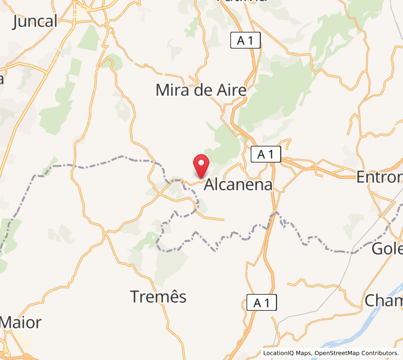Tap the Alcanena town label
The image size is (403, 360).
[x=238, y=185]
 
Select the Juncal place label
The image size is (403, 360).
[x=35, y=22]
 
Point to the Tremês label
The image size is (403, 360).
[x=158, y=296]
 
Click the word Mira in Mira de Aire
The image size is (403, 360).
[x=173, y=91]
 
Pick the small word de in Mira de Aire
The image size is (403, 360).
[x=204, y=91]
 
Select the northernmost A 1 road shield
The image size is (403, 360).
[x=246, y=41]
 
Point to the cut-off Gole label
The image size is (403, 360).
[x=387, y=248]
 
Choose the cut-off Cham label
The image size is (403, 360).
[x=384, y=300]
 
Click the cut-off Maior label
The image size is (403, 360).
[x=20, y=322]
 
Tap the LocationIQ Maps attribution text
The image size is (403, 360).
[x=286, y=353]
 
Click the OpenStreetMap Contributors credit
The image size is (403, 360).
[x=356, y=353]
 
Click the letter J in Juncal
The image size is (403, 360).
[x=16, y=22]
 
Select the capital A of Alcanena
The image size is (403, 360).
[x=210, y=185]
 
